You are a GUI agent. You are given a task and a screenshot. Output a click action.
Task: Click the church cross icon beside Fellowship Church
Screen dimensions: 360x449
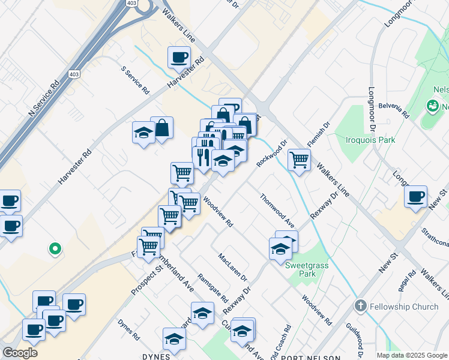(360, 305)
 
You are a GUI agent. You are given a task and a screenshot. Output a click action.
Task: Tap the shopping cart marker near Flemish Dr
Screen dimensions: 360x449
(299, 160)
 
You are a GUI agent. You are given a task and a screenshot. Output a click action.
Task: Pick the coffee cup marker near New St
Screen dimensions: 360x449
(415, 196)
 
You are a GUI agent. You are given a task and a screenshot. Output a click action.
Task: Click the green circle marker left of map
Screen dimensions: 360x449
(55, 248)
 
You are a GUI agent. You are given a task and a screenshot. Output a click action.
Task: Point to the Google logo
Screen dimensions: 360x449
(20, 353)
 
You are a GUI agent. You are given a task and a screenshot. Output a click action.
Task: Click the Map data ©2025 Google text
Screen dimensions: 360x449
(411, 355)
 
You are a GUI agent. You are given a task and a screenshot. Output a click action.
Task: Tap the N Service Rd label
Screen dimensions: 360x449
(46, 95)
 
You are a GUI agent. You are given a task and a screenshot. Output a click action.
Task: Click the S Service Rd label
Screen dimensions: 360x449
(135, 80)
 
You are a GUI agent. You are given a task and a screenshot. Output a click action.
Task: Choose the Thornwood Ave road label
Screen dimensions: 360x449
(277, 211)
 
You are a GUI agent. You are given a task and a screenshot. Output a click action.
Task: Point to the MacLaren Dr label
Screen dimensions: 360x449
(233, 267)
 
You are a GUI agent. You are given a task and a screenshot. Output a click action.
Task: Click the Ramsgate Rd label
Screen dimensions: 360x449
(213, 287)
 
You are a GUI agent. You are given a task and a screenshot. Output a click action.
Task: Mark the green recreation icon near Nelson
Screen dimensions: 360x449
(432, 107)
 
